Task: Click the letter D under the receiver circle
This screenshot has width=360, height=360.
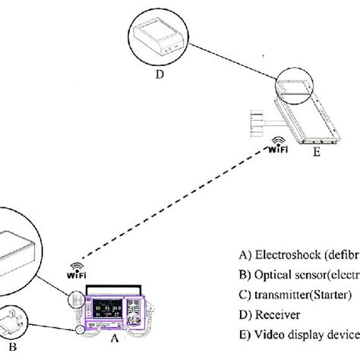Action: click(x=159, y=74)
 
